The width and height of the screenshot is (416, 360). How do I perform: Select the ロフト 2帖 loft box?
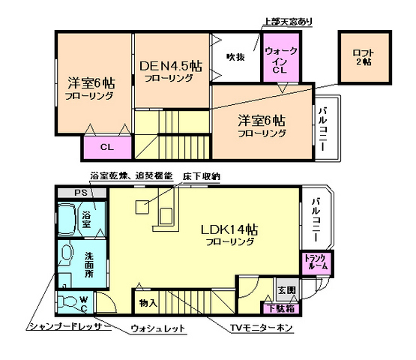click(x=364, y=57)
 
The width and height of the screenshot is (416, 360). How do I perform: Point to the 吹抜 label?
click(x=235, y=58)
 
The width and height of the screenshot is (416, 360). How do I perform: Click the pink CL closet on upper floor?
click(x=106, y=146)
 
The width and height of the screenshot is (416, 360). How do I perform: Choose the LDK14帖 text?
click(x=229, y=229)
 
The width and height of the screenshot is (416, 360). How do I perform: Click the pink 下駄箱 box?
click(x=280, y=307)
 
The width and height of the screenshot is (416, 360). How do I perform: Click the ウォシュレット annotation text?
click(x=158, y=328)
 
